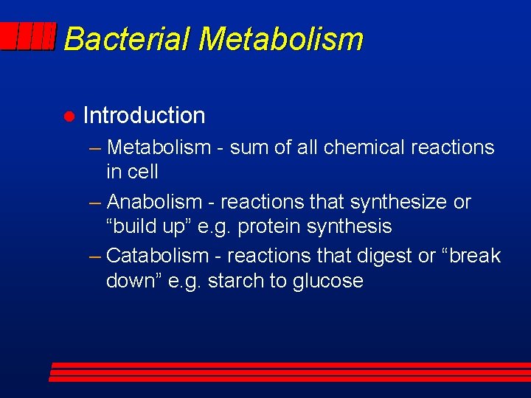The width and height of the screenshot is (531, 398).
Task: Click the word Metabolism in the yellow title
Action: click(280, 39)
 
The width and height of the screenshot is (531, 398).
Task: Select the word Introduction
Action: click(144, 116)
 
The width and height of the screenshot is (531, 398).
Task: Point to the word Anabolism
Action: click(154, 202)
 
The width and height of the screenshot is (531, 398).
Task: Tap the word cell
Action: click(142, 172)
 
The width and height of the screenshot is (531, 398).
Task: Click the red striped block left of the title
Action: click(29, 36)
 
